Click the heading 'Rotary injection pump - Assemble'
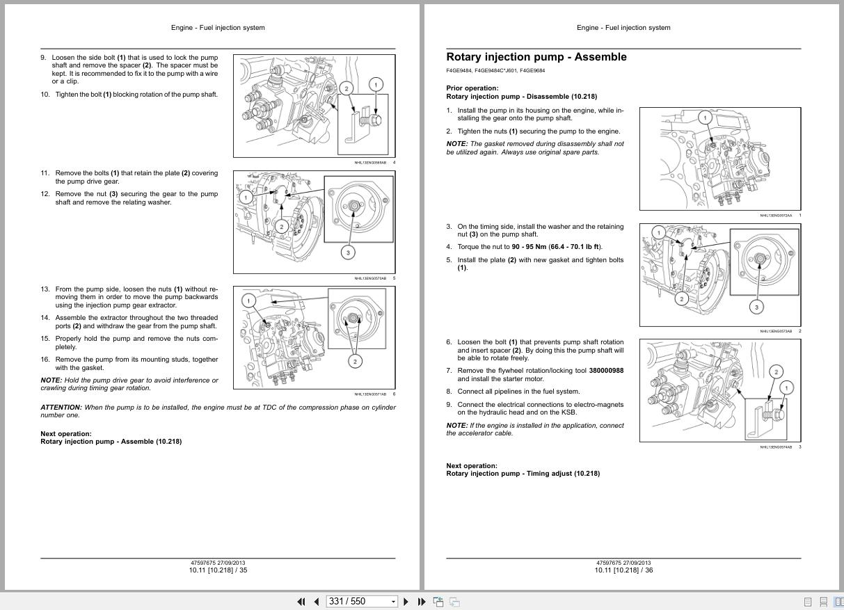[536, 57]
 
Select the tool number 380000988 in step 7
[606, 371]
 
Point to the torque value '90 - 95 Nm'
[529, 247]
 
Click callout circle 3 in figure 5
[349, 252]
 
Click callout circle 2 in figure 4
[347, 88]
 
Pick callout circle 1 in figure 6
[248, 300]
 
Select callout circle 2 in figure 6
[355, 361]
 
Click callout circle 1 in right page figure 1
[705, 118]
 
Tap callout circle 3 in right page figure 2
[756, 306]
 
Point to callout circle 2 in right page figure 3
[776, 371]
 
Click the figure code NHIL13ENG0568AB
[369, 163]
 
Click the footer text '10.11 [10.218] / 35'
[218, 570]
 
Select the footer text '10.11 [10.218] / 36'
[623, 570]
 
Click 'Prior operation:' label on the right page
[472, 88]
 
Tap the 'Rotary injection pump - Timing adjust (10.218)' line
[523, 474]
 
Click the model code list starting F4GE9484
[495, 70]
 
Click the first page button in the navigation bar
[301, 602]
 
